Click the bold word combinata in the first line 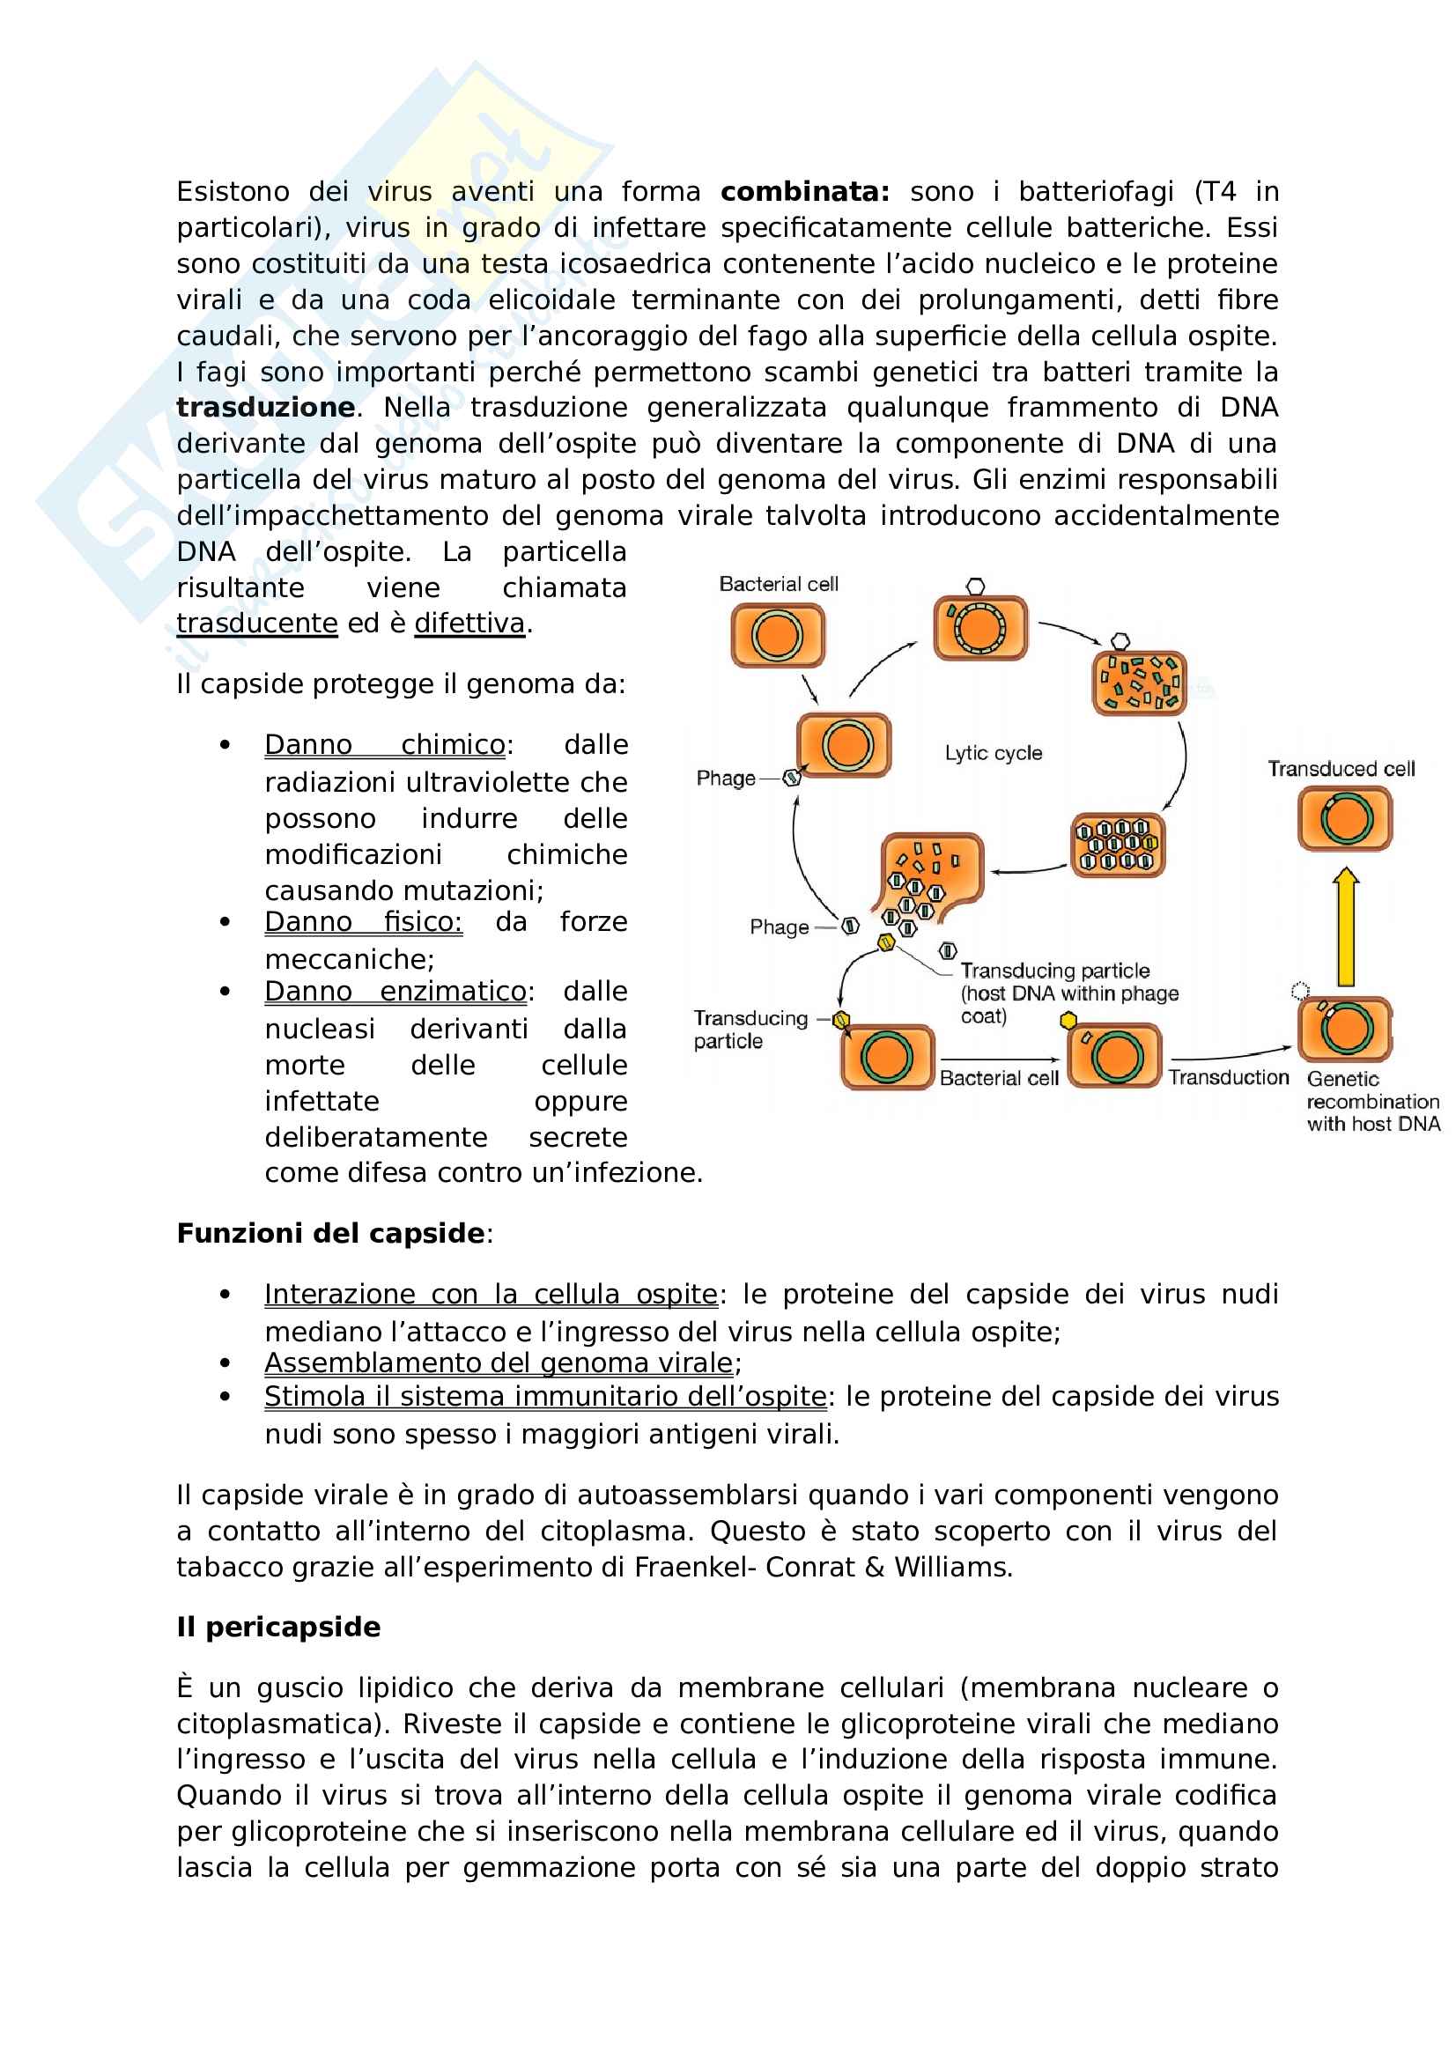pos(804,192)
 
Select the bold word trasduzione pos(265,408)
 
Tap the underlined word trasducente pos(256,623)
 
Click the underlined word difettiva pos(469,623)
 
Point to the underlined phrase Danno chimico pos(385,745)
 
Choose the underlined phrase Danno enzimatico pos(395,992)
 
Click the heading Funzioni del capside pos(331,1234)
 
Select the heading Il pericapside pos(278,1627)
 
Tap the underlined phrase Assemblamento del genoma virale pos(499,1362)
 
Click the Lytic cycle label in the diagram pos(993,753)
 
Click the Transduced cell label pos(1341,769)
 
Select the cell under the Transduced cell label pos(1345,818)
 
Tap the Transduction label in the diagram pos(1228,1077)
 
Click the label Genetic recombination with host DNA pos(1372,1101)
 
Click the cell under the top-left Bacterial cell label pos(778,635)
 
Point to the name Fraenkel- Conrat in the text pos(733,1567)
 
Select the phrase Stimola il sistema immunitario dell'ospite pos(544,1397)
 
